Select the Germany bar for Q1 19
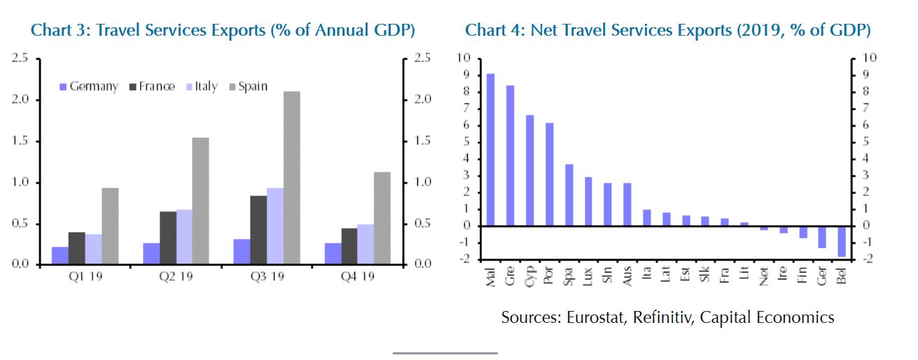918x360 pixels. coord(60,256)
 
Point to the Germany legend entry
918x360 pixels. coord(89,87)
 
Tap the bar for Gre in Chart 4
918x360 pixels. coord(510,155)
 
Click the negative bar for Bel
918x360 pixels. coord(841,241)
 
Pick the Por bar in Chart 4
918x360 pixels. coord(549,174)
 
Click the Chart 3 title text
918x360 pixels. coord(223,30)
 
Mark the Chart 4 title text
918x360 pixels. coord(668,30)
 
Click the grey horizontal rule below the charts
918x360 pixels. coord(445,353)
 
